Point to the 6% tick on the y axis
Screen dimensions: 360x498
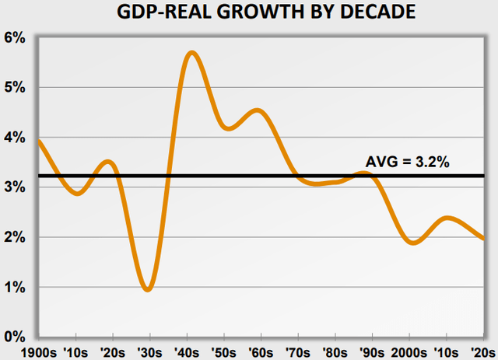coord(17,37)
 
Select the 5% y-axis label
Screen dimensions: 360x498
coord(17,87)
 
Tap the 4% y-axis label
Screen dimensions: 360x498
coord(17,138)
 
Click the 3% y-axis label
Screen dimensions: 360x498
coord(17,187)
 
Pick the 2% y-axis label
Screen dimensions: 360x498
coord(17,237)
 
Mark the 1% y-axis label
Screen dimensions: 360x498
coord(17,288)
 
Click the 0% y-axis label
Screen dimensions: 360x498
coord(17,337)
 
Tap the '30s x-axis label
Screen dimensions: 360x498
coord(149,351)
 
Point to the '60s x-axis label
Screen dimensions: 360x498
coord(263,351)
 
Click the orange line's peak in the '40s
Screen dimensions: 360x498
coord(191,53)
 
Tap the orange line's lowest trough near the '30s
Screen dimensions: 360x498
coord(148,289)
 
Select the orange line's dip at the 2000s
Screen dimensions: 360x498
coord(413,243)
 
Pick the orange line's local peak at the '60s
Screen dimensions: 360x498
coord(259,111)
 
